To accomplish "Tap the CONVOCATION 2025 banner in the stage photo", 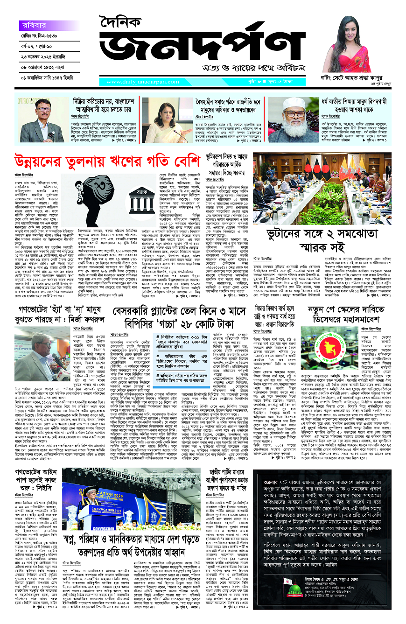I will coord(140,487).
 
